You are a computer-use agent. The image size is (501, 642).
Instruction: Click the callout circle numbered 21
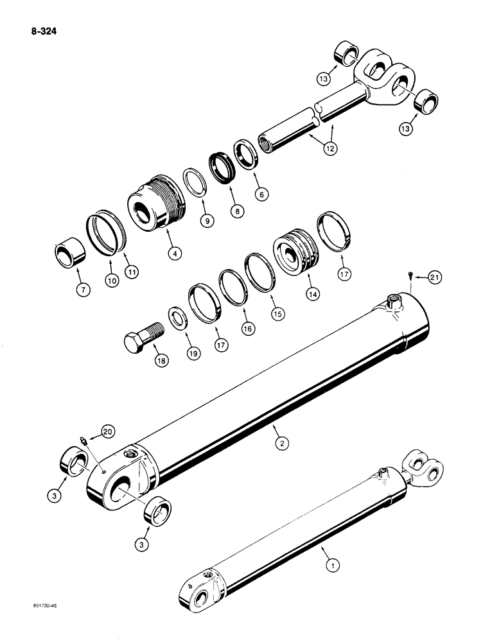[x=435, y=277]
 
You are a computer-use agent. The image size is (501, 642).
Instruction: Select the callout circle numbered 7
[x=84, y=290]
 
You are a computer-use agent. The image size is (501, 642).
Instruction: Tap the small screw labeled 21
[x=409, y=277]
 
